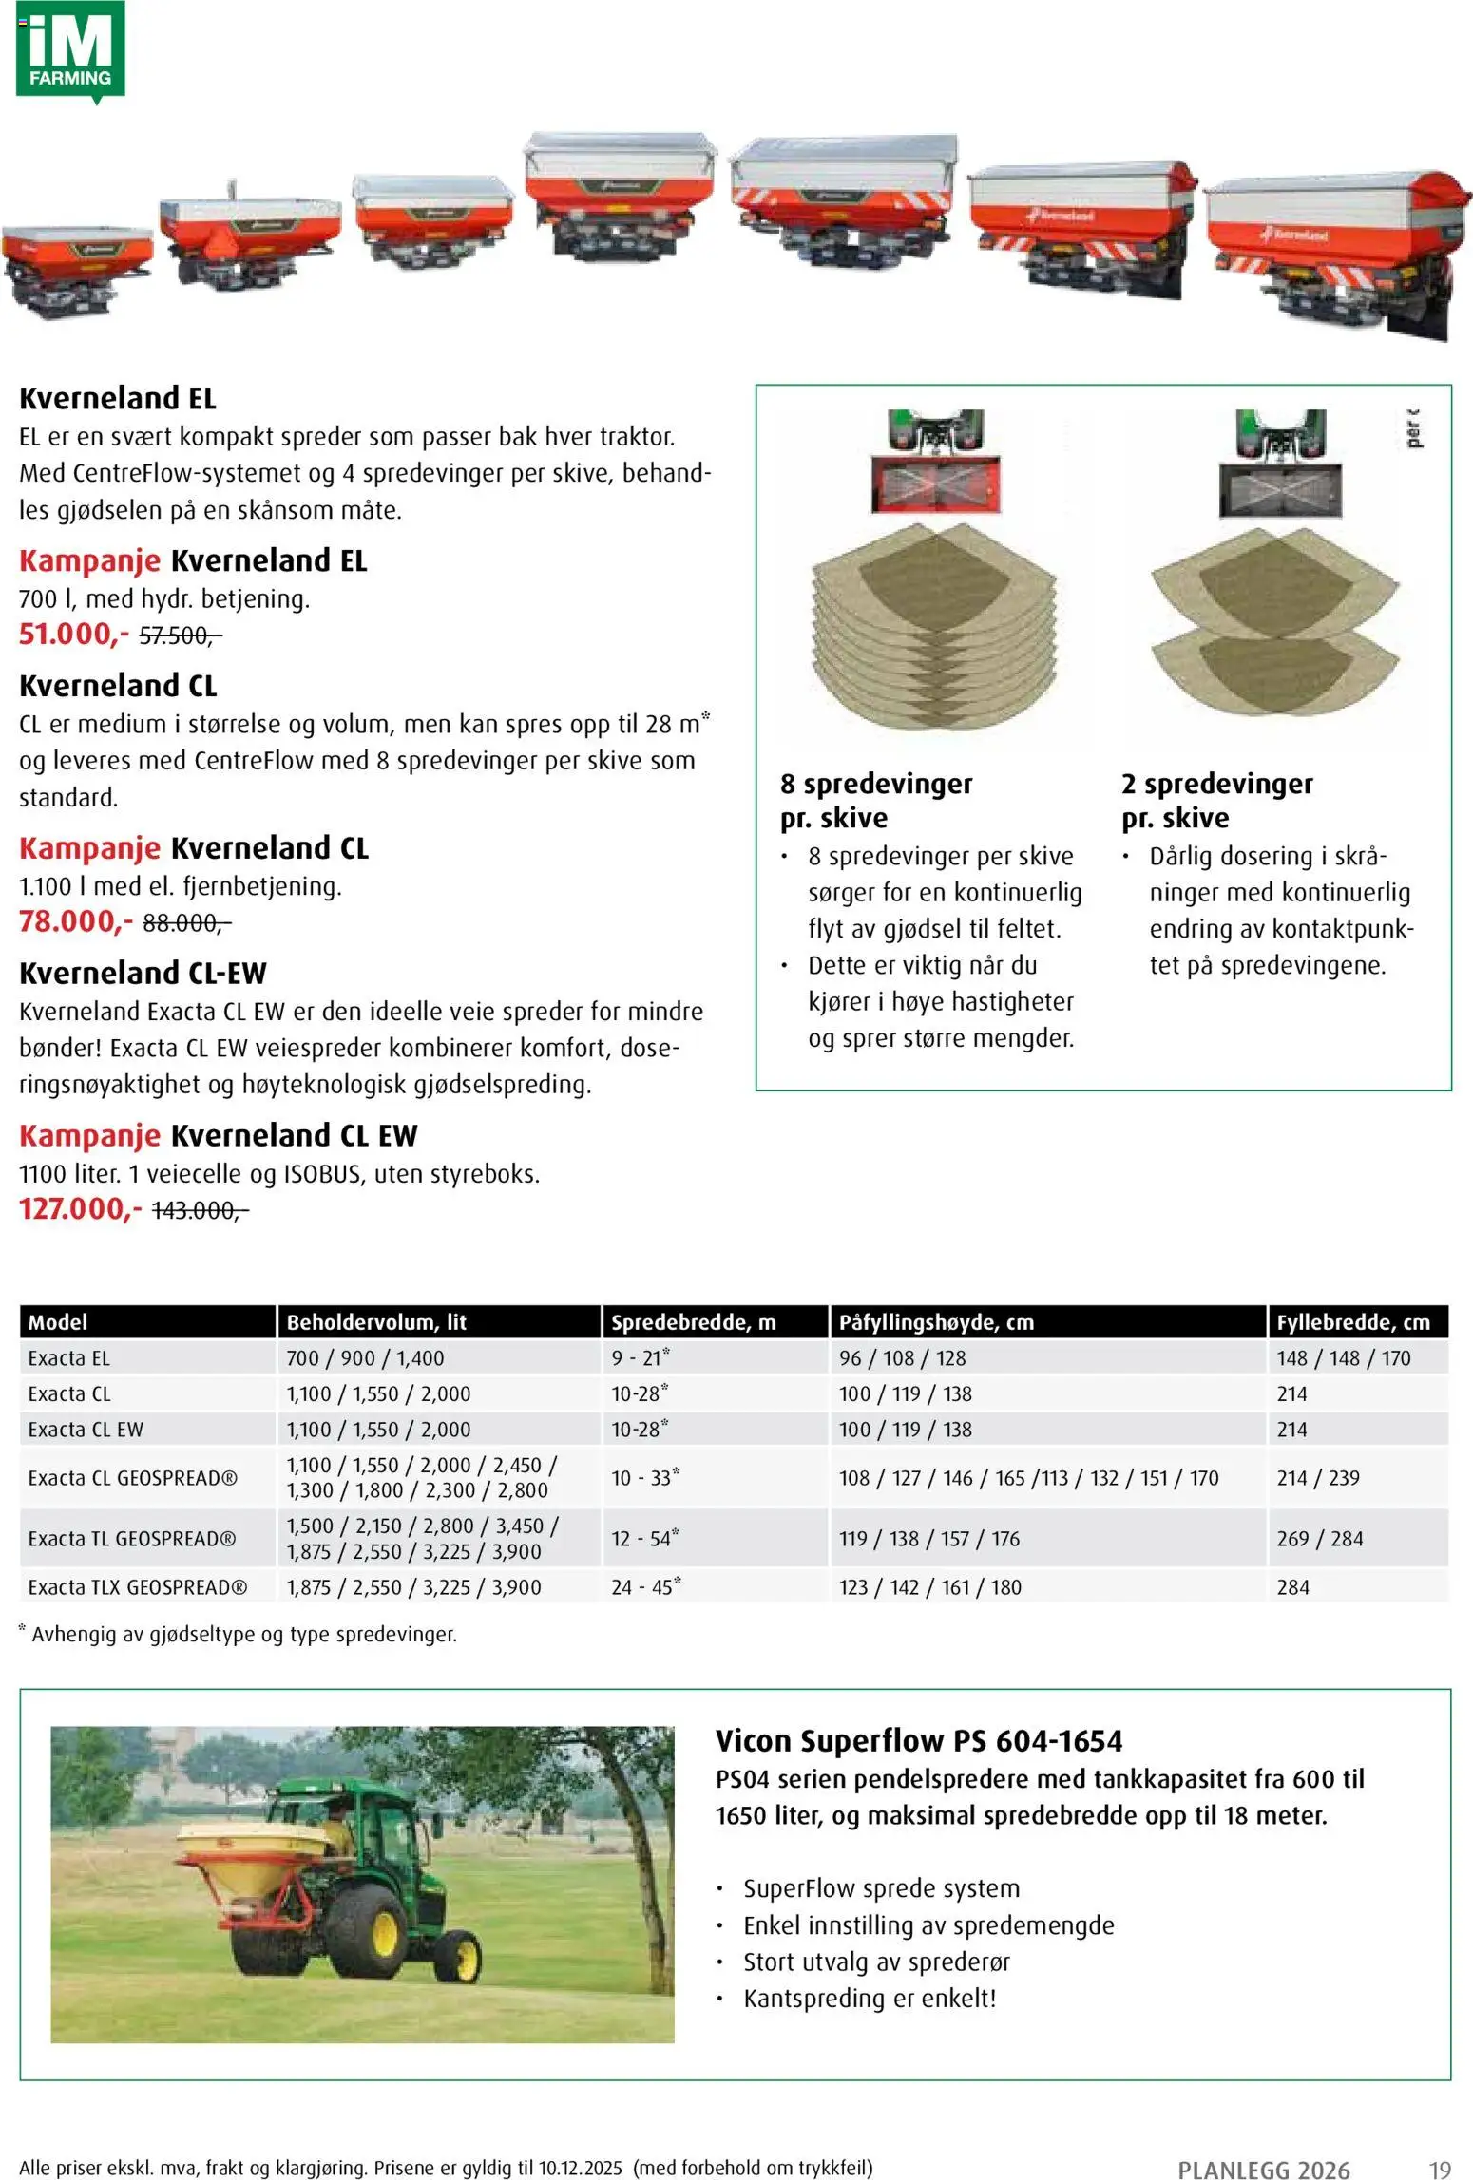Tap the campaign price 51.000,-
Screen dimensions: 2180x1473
click(x=73, y=634)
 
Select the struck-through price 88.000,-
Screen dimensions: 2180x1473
click(x=186, y=922)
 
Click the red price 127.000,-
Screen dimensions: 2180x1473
click(x=80, y=1209)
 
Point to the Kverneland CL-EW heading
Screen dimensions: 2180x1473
click(x=143, y=973)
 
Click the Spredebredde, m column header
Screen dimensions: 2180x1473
click(x=693, y=1321)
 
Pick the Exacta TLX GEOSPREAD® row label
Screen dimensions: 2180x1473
click(x=138, y=1586)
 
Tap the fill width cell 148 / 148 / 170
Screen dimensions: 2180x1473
click(x=1343, y=1358)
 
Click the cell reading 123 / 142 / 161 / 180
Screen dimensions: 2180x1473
click(x=929, y=1586)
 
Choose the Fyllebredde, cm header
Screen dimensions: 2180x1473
click(x=1352, y=1321)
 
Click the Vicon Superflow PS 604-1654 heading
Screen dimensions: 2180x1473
click(x=918, y=1740)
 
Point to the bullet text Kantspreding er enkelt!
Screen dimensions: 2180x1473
click(x=870, y=1998)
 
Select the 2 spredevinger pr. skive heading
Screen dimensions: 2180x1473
click(x=1216, y=800)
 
